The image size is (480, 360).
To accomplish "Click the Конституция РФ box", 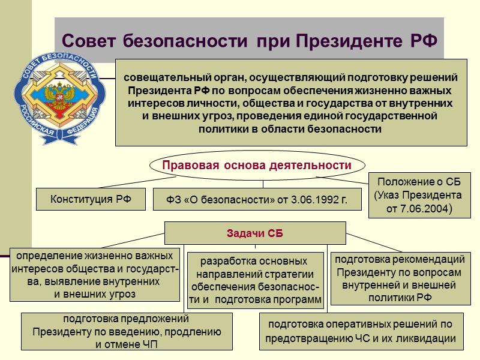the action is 91,199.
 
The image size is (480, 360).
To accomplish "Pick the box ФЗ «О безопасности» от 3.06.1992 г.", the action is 257,199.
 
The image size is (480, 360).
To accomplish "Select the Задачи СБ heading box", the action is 255,233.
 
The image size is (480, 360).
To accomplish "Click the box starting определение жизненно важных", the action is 95,274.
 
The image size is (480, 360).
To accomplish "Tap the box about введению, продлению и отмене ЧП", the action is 127,332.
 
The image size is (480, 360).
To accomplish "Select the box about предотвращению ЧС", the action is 361,332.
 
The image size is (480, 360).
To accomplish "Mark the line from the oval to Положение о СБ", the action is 342,179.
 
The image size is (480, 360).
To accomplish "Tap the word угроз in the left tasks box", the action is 122,294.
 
